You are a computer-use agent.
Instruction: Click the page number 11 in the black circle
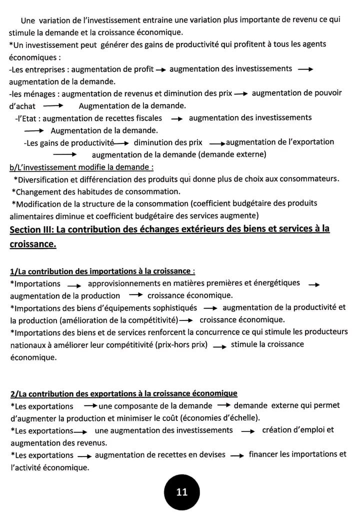pyautogui.click(x=182, y=492)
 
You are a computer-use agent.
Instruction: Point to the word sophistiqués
pyautogui.click(x=171, y=307)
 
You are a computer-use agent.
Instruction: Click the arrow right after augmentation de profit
pyautogui.click(x=160, y=69)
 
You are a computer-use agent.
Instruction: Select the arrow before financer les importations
pyautogui.click(x=239, y=455)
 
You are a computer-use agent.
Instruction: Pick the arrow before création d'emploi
pyautogui.click(x=248, y=431)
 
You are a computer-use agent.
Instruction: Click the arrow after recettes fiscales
pyautogui.click(x=176, y=119)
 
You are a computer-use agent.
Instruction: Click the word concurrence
pyautogui.click(x=218, y=332)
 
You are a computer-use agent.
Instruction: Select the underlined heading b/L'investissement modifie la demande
pyautogui.click(x=81, y=166)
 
